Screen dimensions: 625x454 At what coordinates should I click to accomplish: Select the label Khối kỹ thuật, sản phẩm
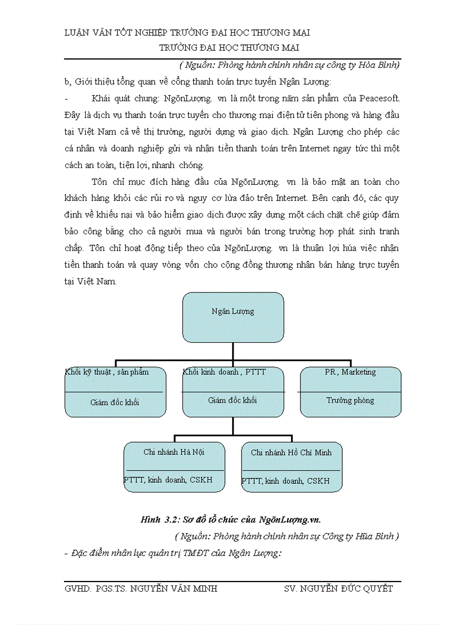click(x=107, y=372)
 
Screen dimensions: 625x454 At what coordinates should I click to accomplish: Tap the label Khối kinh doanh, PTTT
click(x=224, y=372)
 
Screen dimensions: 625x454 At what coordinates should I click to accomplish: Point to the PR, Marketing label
click(x=351, y=372)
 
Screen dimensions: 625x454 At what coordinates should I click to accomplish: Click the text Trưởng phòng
click(x=350, y=400)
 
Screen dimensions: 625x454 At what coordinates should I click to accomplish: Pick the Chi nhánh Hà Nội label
click(x=174, y=452)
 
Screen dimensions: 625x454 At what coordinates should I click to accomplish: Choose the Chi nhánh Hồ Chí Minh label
click(x=291, y=452)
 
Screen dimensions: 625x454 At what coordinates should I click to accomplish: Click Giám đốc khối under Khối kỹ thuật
click(x=115, y=402)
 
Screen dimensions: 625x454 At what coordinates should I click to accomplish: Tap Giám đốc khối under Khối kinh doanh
click(x=233, y=400)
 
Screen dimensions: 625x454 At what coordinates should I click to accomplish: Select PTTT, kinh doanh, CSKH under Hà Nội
click(x=168, y=480)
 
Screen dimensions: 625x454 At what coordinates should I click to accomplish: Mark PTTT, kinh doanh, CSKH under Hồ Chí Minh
click(x=285, y=480)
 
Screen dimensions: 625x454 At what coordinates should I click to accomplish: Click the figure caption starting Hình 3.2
click(x=231, y=520)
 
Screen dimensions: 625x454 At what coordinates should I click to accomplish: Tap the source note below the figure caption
click(x=287, y=537)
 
